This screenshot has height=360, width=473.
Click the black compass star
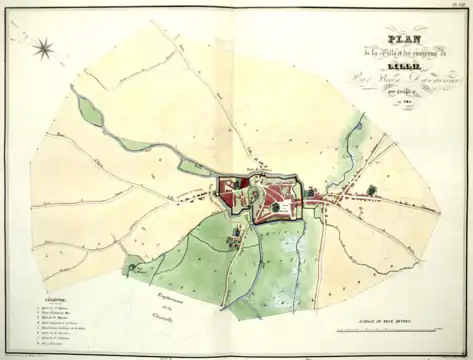point(44,46)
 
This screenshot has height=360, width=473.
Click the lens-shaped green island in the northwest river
point(92,112)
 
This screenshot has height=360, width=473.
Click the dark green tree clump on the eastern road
point(371,190)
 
